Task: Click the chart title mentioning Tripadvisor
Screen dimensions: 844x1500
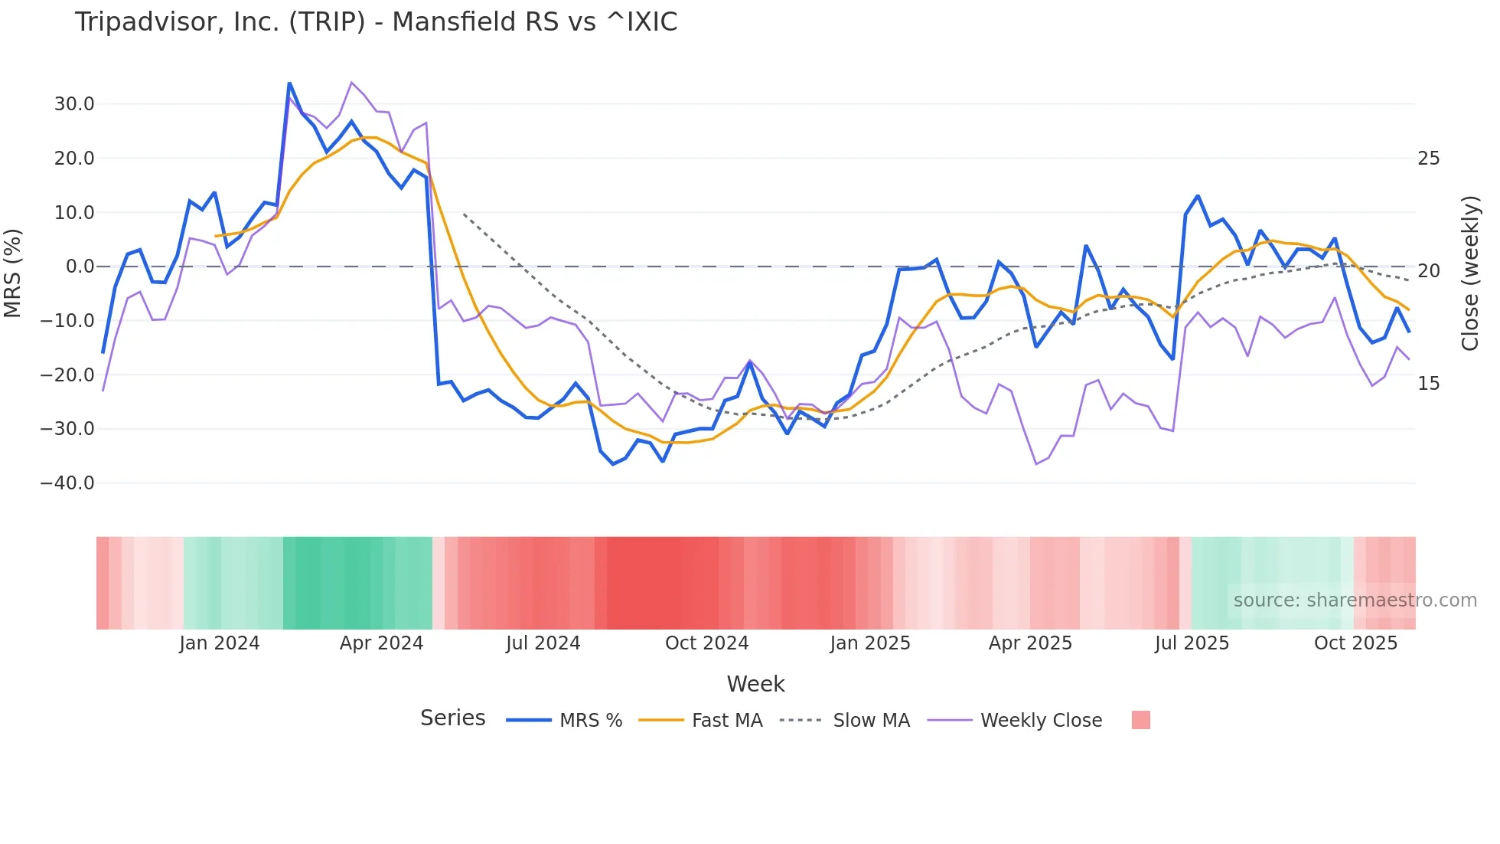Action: pos(376,22)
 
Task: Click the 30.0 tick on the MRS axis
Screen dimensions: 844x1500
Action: pos(74,104)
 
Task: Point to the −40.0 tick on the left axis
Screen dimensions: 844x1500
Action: pos(67,483)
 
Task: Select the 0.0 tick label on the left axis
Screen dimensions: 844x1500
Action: pos(80,267)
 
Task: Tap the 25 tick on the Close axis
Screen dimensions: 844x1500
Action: pos(1428,159)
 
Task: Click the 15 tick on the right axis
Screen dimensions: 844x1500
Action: pos(1428,384)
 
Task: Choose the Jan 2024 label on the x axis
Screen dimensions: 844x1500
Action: pos(220,643)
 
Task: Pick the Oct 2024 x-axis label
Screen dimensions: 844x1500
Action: pos(706,643)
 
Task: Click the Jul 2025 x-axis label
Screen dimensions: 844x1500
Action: pos(1192,643)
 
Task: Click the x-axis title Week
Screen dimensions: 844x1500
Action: pos(755,684)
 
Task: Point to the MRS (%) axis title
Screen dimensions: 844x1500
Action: pos(13,273)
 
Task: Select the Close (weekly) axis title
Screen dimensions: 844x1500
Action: pos(1470,273)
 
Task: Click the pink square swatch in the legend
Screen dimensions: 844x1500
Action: pos(1140,720)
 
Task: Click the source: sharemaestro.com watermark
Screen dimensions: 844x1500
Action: pos(1355,600)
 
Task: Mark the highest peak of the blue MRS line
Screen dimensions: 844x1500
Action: pos(289,83)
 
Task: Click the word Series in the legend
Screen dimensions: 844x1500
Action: pos(452,718)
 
